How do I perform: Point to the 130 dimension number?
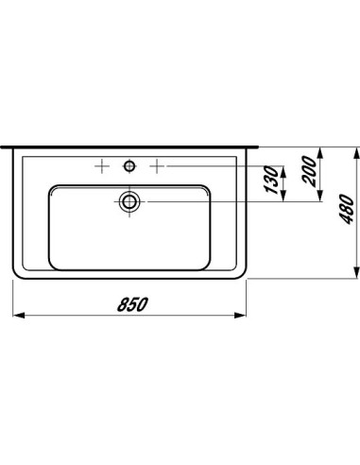270,181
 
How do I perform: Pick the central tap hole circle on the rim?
129,165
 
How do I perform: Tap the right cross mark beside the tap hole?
157,165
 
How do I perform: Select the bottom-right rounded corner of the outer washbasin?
240,274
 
